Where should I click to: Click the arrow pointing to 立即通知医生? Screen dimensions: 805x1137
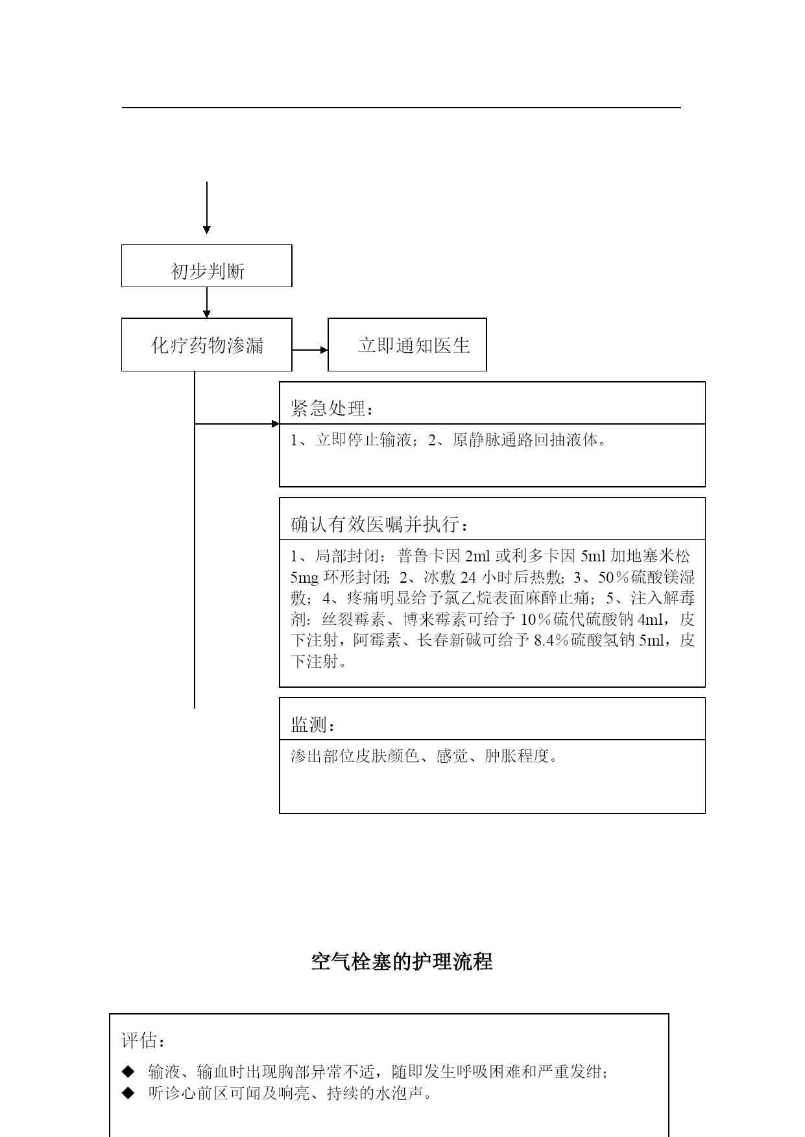point(310,350)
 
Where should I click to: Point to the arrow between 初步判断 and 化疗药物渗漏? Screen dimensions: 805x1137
point(207,302)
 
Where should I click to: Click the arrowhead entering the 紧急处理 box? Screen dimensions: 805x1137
point(276,424)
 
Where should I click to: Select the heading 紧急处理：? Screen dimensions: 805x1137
point(332,409)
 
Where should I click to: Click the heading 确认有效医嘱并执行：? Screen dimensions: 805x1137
point(379,524)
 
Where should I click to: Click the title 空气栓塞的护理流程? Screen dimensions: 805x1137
point(402,961)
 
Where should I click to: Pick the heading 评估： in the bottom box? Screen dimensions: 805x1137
point(143,1041)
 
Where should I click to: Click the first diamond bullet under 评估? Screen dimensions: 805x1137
point(128,1071)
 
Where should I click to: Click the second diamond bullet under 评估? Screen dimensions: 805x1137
point(128,1093)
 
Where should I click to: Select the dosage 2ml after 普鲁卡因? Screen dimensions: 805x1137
point(478,556)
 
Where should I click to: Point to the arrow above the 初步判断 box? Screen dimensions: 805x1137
point(207,207)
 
